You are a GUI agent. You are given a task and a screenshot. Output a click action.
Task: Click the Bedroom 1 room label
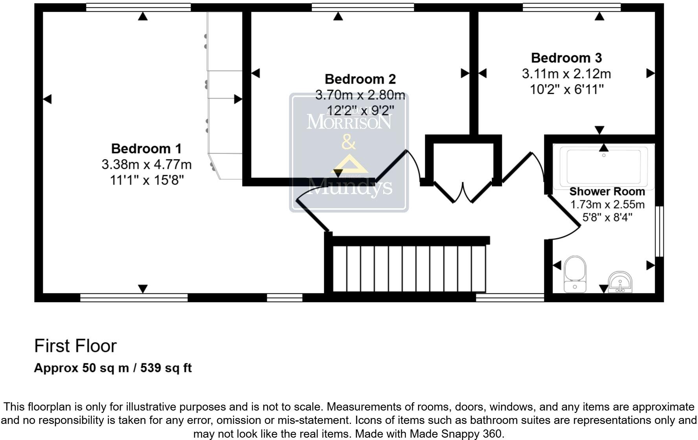146,149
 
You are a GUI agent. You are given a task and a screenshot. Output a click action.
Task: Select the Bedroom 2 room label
360,79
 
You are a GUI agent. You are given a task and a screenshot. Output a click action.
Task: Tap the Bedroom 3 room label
566,58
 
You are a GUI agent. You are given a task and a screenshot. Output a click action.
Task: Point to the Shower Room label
607,192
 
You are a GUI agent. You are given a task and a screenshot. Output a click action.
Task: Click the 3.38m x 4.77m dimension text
146,164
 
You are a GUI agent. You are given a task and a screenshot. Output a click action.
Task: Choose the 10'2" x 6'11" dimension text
566,90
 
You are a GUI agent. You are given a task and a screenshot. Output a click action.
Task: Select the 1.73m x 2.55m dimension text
607,205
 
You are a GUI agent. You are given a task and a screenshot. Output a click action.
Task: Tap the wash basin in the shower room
620,281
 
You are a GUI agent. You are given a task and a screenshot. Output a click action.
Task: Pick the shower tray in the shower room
604,167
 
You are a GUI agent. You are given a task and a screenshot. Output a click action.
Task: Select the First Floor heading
75,346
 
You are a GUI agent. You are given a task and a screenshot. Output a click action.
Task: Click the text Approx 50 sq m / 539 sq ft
113,368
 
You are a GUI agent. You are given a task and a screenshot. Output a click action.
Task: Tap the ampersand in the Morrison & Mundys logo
349,142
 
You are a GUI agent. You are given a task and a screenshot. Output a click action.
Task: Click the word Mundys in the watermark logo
349,187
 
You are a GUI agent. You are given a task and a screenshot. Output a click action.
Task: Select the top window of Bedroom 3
571,7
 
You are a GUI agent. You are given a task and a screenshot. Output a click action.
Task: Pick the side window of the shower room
660,231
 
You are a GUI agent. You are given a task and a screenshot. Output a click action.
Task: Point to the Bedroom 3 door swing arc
538,165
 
